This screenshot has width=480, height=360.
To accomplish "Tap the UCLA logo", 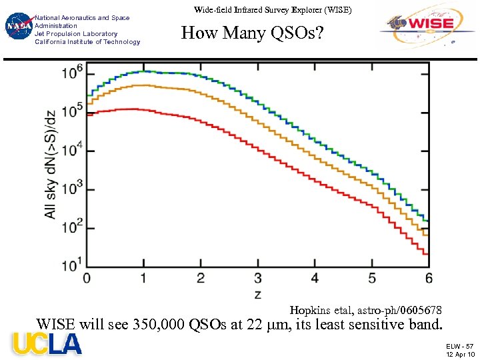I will coord(47,344).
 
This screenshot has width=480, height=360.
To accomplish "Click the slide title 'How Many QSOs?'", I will coord(252,32).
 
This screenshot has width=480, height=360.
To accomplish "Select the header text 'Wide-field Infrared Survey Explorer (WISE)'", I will coord(272,10).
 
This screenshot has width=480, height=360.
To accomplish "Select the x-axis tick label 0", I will coord(87,278).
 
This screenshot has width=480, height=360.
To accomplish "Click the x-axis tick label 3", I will coord(258,278).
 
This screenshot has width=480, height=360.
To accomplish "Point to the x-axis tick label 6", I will coord(429,278).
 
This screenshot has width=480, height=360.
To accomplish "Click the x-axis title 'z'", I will coord(257,293).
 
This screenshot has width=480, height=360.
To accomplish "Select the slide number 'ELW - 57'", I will coord(460,346).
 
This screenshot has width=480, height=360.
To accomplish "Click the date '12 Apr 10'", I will coord(460,354).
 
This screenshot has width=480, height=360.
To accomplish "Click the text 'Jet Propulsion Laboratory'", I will coord(76,33).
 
